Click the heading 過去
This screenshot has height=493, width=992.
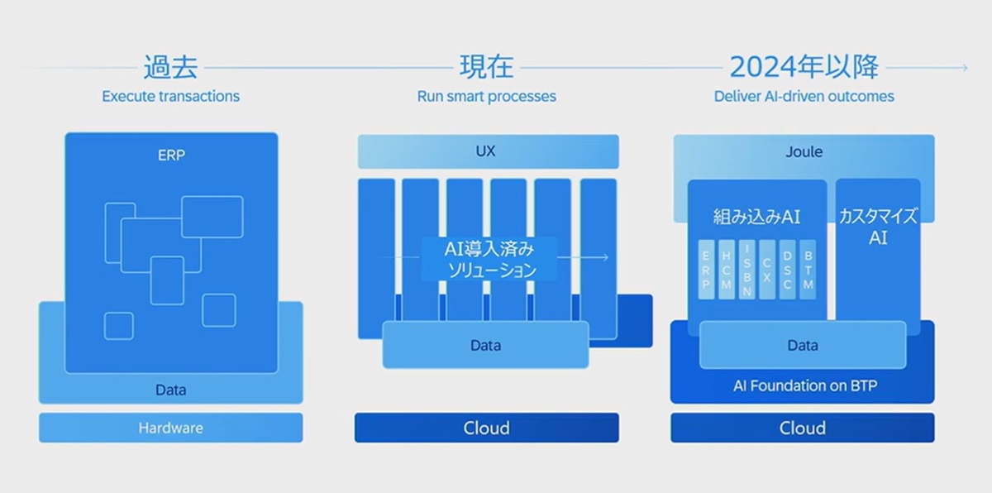170,66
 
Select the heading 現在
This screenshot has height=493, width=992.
486,66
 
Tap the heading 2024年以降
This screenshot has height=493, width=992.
804,66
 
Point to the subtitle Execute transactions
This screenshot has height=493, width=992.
170,96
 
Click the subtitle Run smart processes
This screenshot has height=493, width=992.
486,96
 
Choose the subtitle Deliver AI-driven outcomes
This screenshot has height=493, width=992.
804,96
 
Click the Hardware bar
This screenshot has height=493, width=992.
170,428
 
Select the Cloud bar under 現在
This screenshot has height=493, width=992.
486,428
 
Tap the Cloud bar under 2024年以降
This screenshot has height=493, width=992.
802,428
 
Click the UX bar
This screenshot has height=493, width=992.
486,152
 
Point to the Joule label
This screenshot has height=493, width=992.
803,152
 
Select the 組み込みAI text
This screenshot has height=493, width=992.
756,217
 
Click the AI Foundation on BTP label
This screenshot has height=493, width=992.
802,385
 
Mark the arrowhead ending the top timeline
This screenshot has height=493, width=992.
963,68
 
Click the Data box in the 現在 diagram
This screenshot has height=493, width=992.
485,345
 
